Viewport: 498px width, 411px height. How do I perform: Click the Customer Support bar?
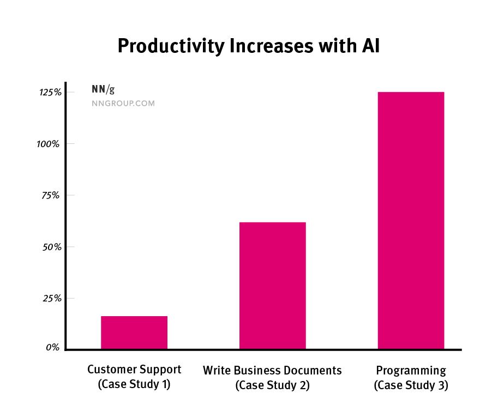point(134,332)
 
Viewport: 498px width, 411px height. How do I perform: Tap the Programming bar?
point(411,220)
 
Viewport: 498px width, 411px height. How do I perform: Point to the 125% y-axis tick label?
point(49,93)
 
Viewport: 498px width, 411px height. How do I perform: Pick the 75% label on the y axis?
point(51,195)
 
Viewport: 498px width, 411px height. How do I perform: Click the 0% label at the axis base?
point(52,347)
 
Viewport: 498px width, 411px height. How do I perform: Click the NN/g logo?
point(103,90)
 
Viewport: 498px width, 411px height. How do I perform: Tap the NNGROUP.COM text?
point(123,103)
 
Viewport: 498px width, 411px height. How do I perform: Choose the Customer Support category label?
point(134,370)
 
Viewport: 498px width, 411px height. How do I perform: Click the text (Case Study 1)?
point(134,384)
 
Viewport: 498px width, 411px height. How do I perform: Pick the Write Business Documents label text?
point(272,371)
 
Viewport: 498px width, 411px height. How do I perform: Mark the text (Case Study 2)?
point(272,385)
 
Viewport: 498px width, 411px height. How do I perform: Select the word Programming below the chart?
point(411,371)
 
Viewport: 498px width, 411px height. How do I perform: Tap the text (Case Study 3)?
point(411,385)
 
